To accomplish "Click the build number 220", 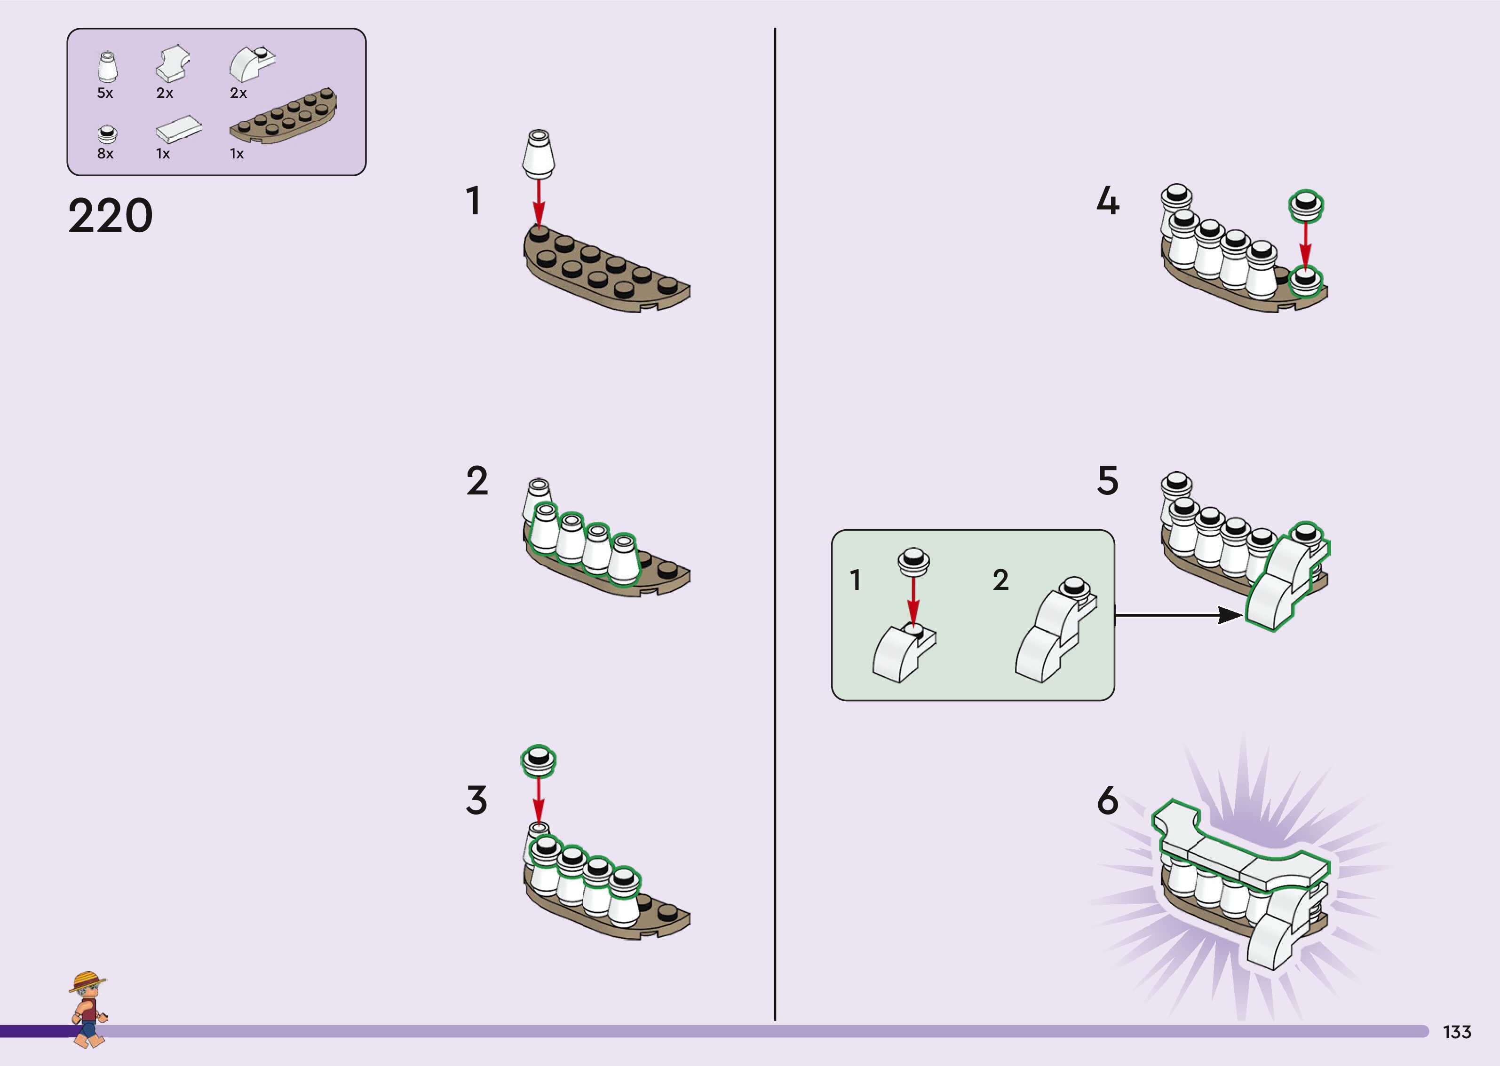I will click(x=111, y=215).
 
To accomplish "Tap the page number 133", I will click(x=1457, y=1032).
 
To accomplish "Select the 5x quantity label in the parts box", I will click(x=105, y=93).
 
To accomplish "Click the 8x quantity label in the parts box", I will click(x=105, y=154).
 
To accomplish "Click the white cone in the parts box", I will click(x=108, y=66).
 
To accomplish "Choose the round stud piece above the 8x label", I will click(x=106, y=134).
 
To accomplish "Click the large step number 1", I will click(x=473, y=201).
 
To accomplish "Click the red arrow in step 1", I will click(x=539, y=204).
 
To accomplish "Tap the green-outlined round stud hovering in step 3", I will click(x=539, y=760).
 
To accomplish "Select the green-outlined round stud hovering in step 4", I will click(x=1306, y=205).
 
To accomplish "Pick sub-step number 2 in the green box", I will click(x=1000, y=580).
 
